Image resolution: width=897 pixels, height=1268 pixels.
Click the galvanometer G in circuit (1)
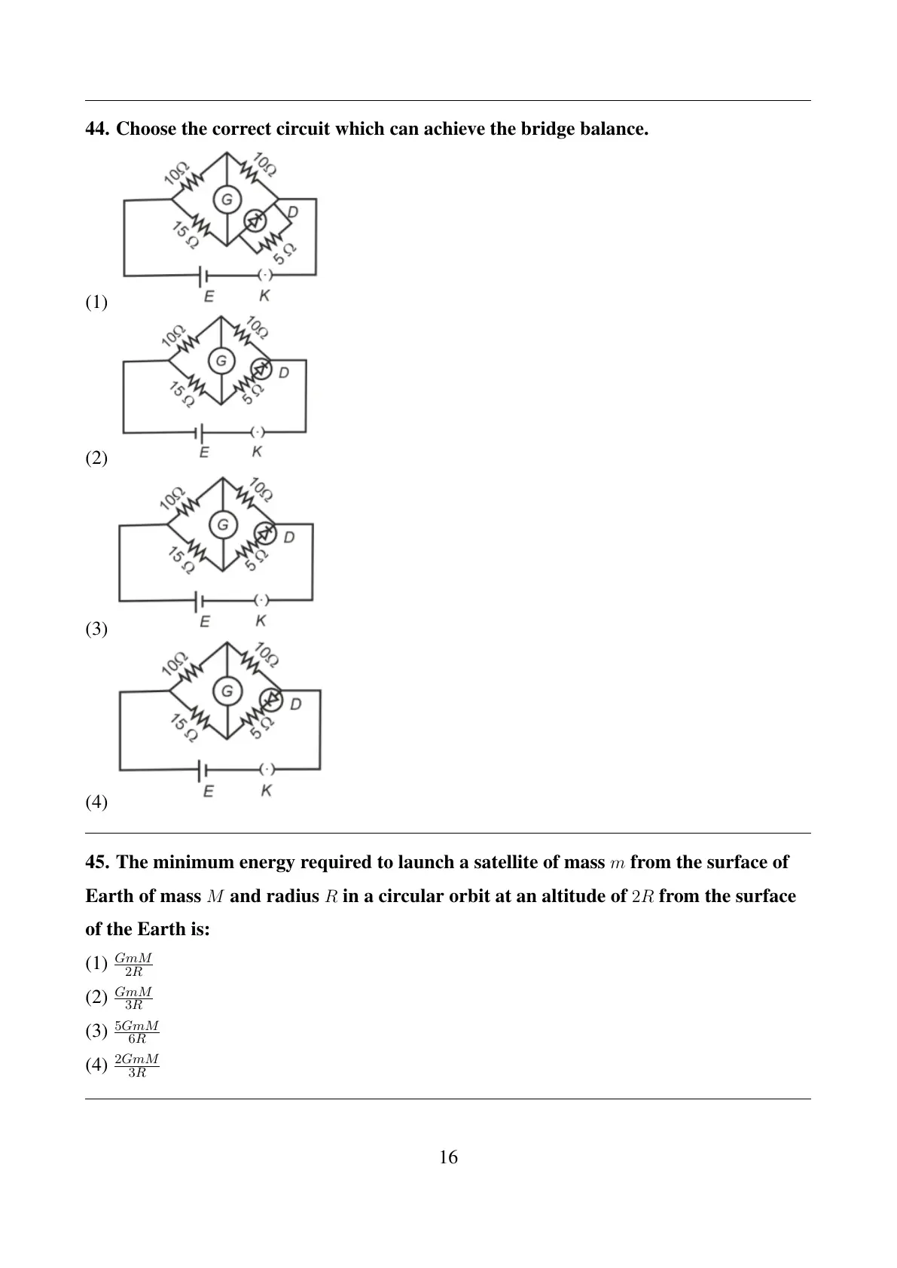(x=227, y=200)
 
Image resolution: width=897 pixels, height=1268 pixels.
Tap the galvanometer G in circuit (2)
(x=221, y=361)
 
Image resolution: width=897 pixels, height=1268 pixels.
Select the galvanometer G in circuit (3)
(x=223, y=525)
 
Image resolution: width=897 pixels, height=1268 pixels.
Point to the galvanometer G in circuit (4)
(x=227, y=690)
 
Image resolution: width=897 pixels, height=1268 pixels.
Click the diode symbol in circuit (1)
(x=255, y=220)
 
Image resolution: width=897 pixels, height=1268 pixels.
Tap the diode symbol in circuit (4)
(x=270, y=700)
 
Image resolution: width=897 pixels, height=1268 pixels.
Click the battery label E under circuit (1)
(x=209, y=296)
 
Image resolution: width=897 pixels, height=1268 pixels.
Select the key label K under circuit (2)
(x=257, y=452)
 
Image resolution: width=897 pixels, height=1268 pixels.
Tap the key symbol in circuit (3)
(x=261, y=599)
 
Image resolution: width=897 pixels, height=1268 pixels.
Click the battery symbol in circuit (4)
(x=202, y=770)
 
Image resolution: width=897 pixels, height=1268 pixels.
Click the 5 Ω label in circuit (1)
(x=284, y=255)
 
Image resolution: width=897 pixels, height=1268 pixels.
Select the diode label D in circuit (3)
(x=288, y=537)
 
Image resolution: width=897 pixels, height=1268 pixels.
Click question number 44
(x=97, y=129)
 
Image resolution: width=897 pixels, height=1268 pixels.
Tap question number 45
(x=97, y=862)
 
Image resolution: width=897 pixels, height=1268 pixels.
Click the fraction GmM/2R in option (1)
(x=133, y=965)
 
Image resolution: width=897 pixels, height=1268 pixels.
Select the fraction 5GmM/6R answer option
(x=136, y=1032)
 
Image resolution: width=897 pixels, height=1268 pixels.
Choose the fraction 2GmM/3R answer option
(x=136, y=1066)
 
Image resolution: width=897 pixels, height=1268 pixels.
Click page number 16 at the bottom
(x=449, y=1157)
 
